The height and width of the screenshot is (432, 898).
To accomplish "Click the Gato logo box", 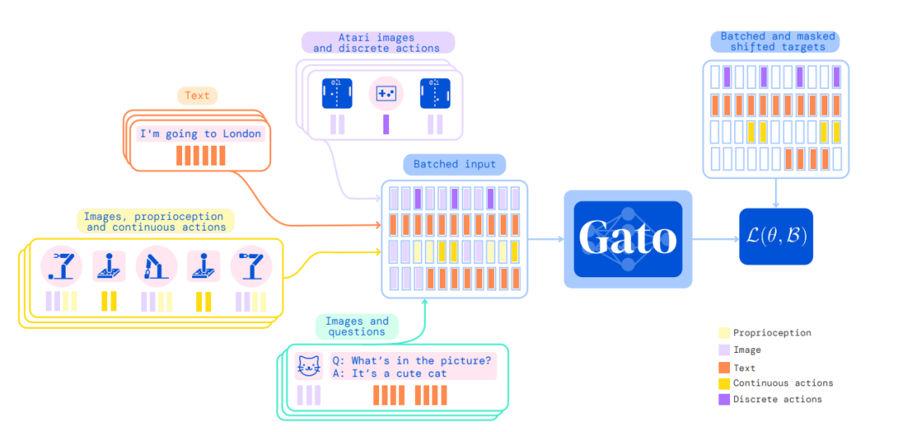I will click(628, 239).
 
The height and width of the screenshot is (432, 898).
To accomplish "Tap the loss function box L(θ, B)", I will click(775, 237).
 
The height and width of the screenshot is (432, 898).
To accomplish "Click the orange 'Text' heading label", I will click(197, 96).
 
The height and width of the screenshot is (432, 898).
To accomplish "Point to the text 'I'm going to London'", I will click(200, 134).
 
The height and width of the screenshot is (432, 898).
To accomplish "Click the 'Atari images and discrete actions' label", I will click(377, 42).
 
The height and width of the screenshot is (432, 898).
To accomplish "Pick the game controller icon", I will click(385, 93).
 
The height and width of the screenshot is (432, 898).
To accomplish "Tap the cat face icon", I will click(308, 366).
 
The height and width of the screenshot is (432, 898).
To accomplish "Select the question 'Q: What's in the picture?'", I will click(412, 360).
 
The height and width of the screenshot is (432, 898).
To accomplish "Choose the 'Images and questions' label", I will click(356, 326).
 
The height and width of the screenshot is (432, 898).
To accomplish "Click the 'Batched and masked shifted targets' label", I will click(772, 42).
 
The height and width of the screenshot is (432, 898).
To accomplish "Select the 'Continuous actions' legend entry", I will click(782, 383).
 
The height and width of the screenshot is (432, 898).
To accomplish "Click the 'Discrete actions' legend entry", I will click(777, 400).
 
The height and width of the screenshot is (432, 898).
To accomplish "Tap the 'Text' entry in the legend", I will click(744, 367).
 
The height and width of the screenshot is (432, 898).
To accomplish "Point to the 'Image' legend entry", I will click(747, 350).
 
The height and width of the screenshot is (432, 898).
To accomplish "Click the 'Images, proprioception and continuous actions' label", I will click(155, 221).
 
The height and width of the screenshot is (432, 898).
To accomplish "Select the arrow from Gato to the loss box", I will click(715, 239).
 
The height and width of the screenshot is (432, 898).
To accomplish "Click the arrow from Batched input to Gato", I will click(545, 239).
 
